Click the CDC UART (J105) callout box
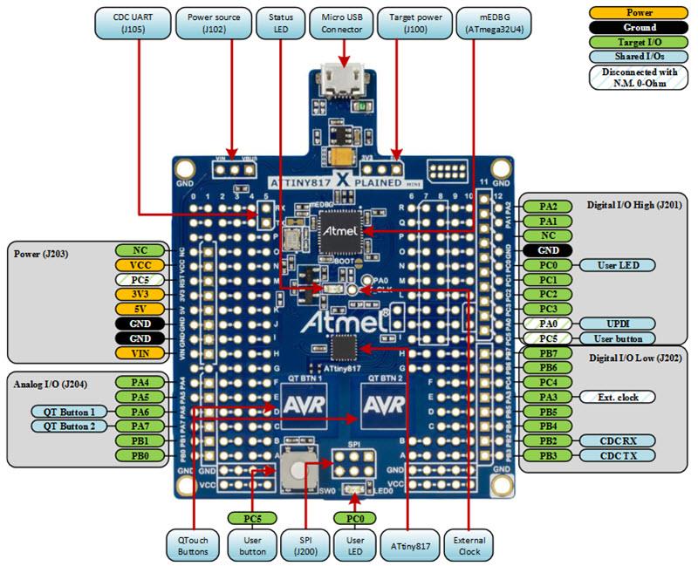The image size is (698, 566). [131, 23]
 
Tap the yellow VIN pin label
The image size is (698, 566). [135, 352]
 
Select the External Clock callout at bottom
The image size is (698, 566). [467, 546]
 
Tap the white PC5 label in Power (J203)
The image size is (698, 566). [135, 279]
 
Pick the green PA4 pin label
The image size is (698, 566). [135, 382]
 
